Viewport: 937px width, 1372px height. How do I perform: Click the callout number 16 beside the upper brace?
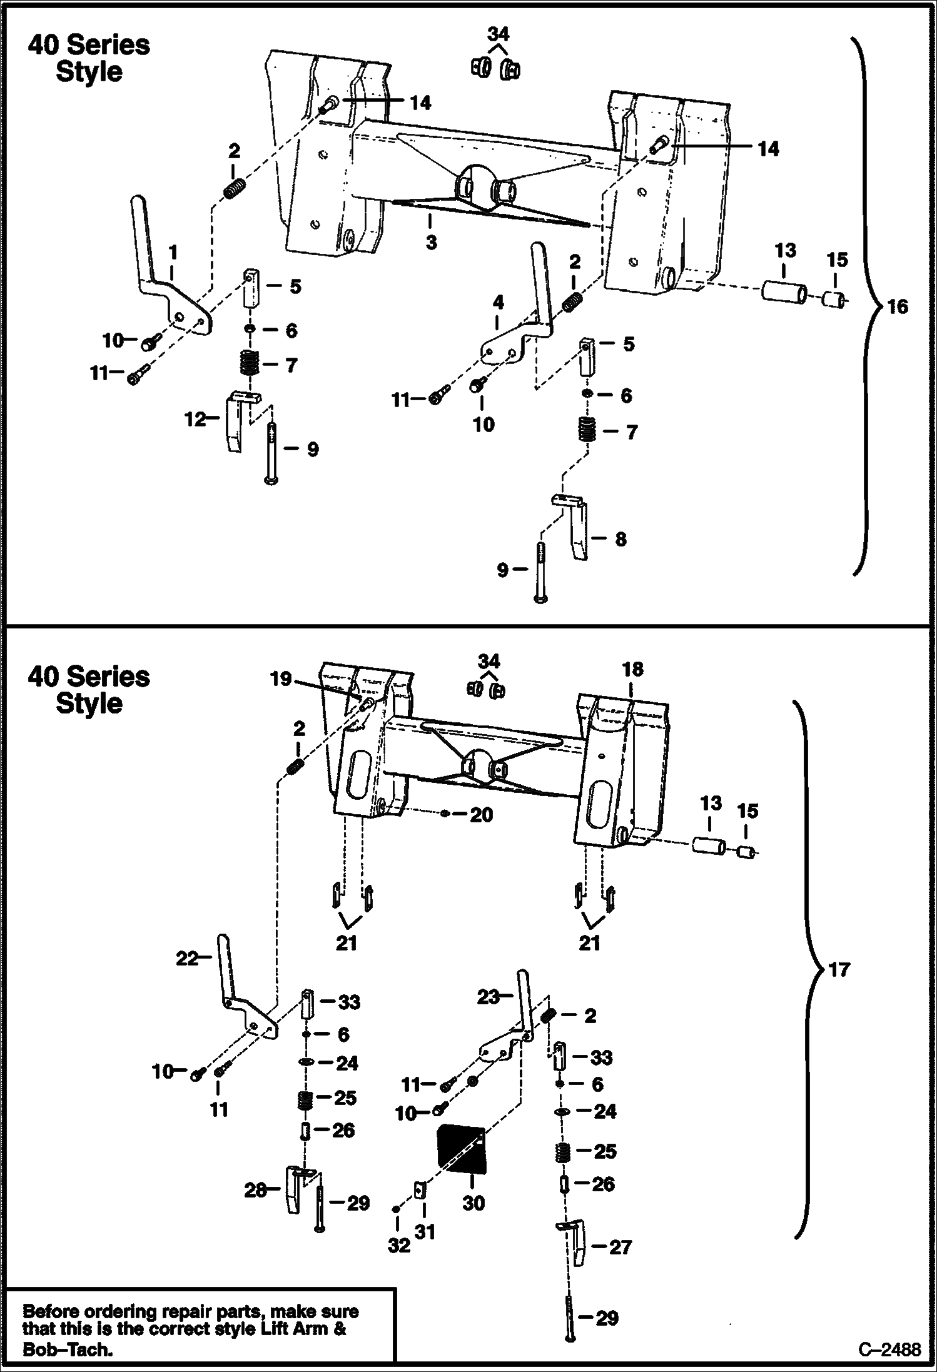tap(898, 306)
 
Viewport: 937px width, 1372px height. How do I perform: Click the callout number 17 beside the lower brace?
tap(839, 970)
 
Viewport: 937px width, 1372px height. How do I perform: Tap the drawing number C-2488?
tap(889, 1349)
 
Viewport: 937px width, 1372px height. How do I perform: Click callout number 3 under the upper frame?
tap(431, 242)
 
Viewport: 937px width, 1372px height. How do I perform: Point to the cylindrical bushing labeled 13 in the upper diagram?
tap(784, 292)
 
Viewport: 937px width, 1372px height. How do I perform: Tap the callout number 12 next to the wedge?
tap(195, 419)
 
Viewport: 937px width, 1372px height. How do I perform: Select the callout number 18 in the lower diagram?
tap(632, 669)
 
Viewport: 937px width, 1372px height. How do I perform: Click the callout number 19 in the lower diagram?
tap(281, 678)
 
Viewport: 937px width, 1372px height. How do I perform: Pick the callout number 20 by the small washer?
tap(481, 814)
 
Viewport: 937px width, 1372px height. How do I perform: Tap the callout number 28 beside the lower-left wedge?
tap(255, 1190)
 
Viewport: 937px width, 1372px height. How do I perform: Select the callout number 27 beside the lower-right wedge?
tap(620, 1247)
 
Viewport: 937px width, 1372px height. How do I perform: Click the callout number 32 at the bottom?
tap(398, 1246)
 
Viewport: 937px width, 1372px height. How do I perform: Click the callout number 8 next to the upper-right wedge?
tap(620, 539)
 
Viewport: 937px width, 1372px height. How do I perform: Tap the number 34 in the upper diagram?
tap(498, 34)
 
